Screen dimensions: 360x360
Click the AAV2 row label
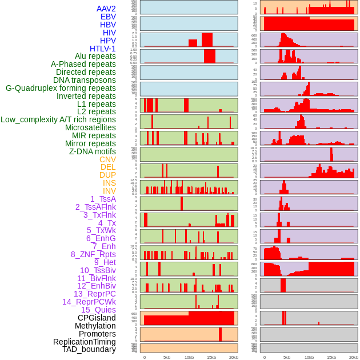click(x=106, y=9)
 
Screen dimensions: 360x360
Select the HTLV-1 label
click(x=103, y=49)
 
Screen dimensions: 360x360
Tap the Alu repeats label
click(x=95, y=56)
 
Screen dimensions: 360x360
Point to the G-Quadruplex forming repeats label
click(x=61, y=88)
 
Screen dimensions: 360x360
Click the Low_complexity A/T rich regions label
click(x=58, y=119)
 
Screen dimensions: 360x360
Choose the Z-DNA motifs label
click(x=93, y=151)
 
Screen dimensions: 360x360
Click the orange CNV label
click(x=107, y=159)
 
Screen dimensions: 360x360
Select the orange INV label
click(x=109, y=191)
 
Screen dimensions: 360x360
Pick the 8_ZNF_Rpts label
click(x=93, y=254)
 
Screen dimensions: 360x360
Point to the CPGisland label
click(x=97, y=318)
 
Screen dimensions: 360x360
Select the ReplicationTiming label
click(x=84, y=342)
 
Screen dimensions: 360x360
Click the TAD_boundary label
click(x=89, y=349)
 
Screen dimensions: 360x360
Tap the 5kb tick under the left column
click(x=167, y=357)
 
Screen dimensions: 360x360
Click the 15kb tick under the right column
click(x=331, y=357)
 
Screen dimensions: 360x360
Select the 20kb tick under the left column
click(x=233, y=357)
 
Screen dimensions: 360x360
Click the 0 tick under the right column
click(x=264, y=357)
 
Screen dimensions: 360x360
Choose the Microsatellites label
click(x=90, y=127)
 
